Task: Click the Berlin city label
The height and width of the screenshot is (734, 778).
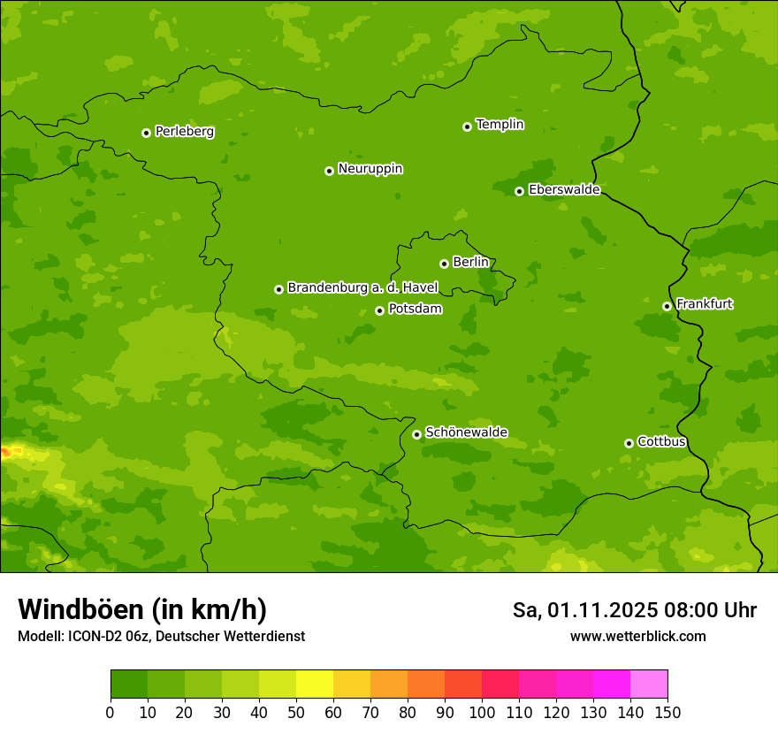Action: (470, 263)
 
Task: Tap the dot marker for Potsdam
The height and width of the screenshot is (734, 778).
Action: (379, 310)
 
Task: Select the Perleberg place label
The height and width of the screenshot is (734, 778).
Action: (185, 132)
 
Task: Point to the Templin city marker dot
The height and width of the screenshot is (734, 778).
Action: (467, 126)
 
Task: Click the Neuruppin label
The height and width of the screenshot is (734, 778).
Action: (370, 169)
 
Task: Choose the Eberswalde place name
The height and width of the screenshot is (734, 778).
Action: (564, 190)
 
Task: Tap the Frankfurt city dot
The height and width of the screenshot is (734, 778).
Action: (667, 306)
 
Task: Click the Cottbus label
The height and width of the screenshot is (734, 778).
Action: (661, 442)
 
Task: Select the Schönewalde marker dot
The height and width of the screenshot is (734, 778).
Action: (416, 434)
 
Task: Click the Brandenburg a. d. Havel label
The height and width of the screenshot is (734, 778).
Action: (362, 288)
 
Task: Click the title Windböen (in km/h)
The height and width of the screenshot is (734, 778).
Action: (142, 609)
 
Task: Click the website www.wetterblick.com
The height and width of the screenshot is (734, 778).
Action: (637, 636)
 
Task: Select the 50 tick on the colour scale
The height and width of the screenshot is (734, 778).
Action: (296, 712)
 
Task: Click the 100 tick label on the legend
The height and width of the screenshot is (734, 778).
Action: (482, 712)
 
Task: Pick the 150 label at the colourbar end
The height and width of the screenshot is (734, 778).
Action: (667, 712)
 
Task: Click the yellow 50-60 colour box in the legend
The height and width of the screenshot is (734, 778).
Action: (315, 684)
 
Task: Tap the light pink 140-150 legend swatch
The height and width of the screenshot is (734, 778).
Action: (649, 684)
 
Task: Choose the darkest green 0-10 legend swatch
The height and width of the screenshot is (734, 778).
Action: (129, 684)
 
